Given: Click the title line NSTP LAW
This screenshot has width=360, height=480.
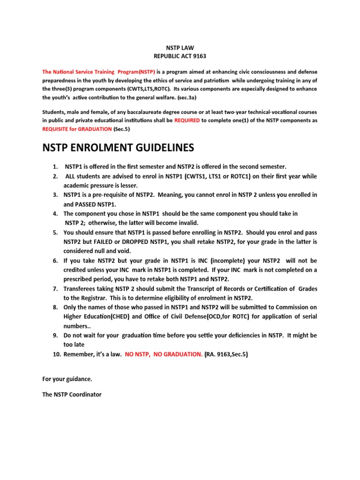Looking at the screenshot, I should click(x=180, y=47).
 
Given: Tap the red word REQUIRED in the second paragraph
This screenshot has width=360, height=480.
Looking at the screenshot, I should click(x=187, y=120).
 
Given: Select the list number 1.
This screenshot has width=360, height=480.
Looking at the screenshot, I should click(x=55, y=167).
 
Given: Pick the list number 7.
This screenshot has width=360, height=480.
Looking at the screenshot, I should click(x=55, y=289).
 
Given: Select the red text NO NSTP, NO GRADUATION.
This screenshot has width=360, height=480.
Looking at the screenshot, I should click(x=164, y=354).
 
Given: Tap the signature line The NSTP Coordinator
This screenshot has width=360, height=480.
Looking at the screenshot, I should click(x=72, y=395).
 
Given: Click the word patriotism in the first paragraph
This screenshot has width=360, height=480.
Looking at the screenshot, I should click(x=206, y=81).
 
